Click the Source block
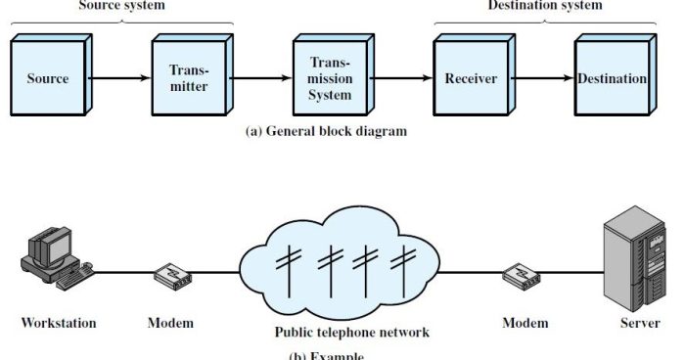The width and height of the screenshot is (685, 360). [49, 79]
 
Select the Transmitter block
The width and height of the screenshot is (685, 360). [190, 79]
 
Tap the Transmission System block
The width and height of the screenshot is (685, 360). [330, 79]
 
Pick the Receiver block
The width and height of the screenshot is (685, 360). [471, 79]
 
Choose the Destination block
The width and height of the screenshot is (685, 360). [612, 79]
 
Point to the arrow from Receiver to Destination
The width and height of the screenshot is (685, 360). [542, 79]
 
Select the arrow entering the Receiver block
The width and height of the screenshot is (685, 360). [401, 79]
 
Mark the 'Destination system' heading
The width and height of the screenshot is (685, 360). [545, 6]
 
